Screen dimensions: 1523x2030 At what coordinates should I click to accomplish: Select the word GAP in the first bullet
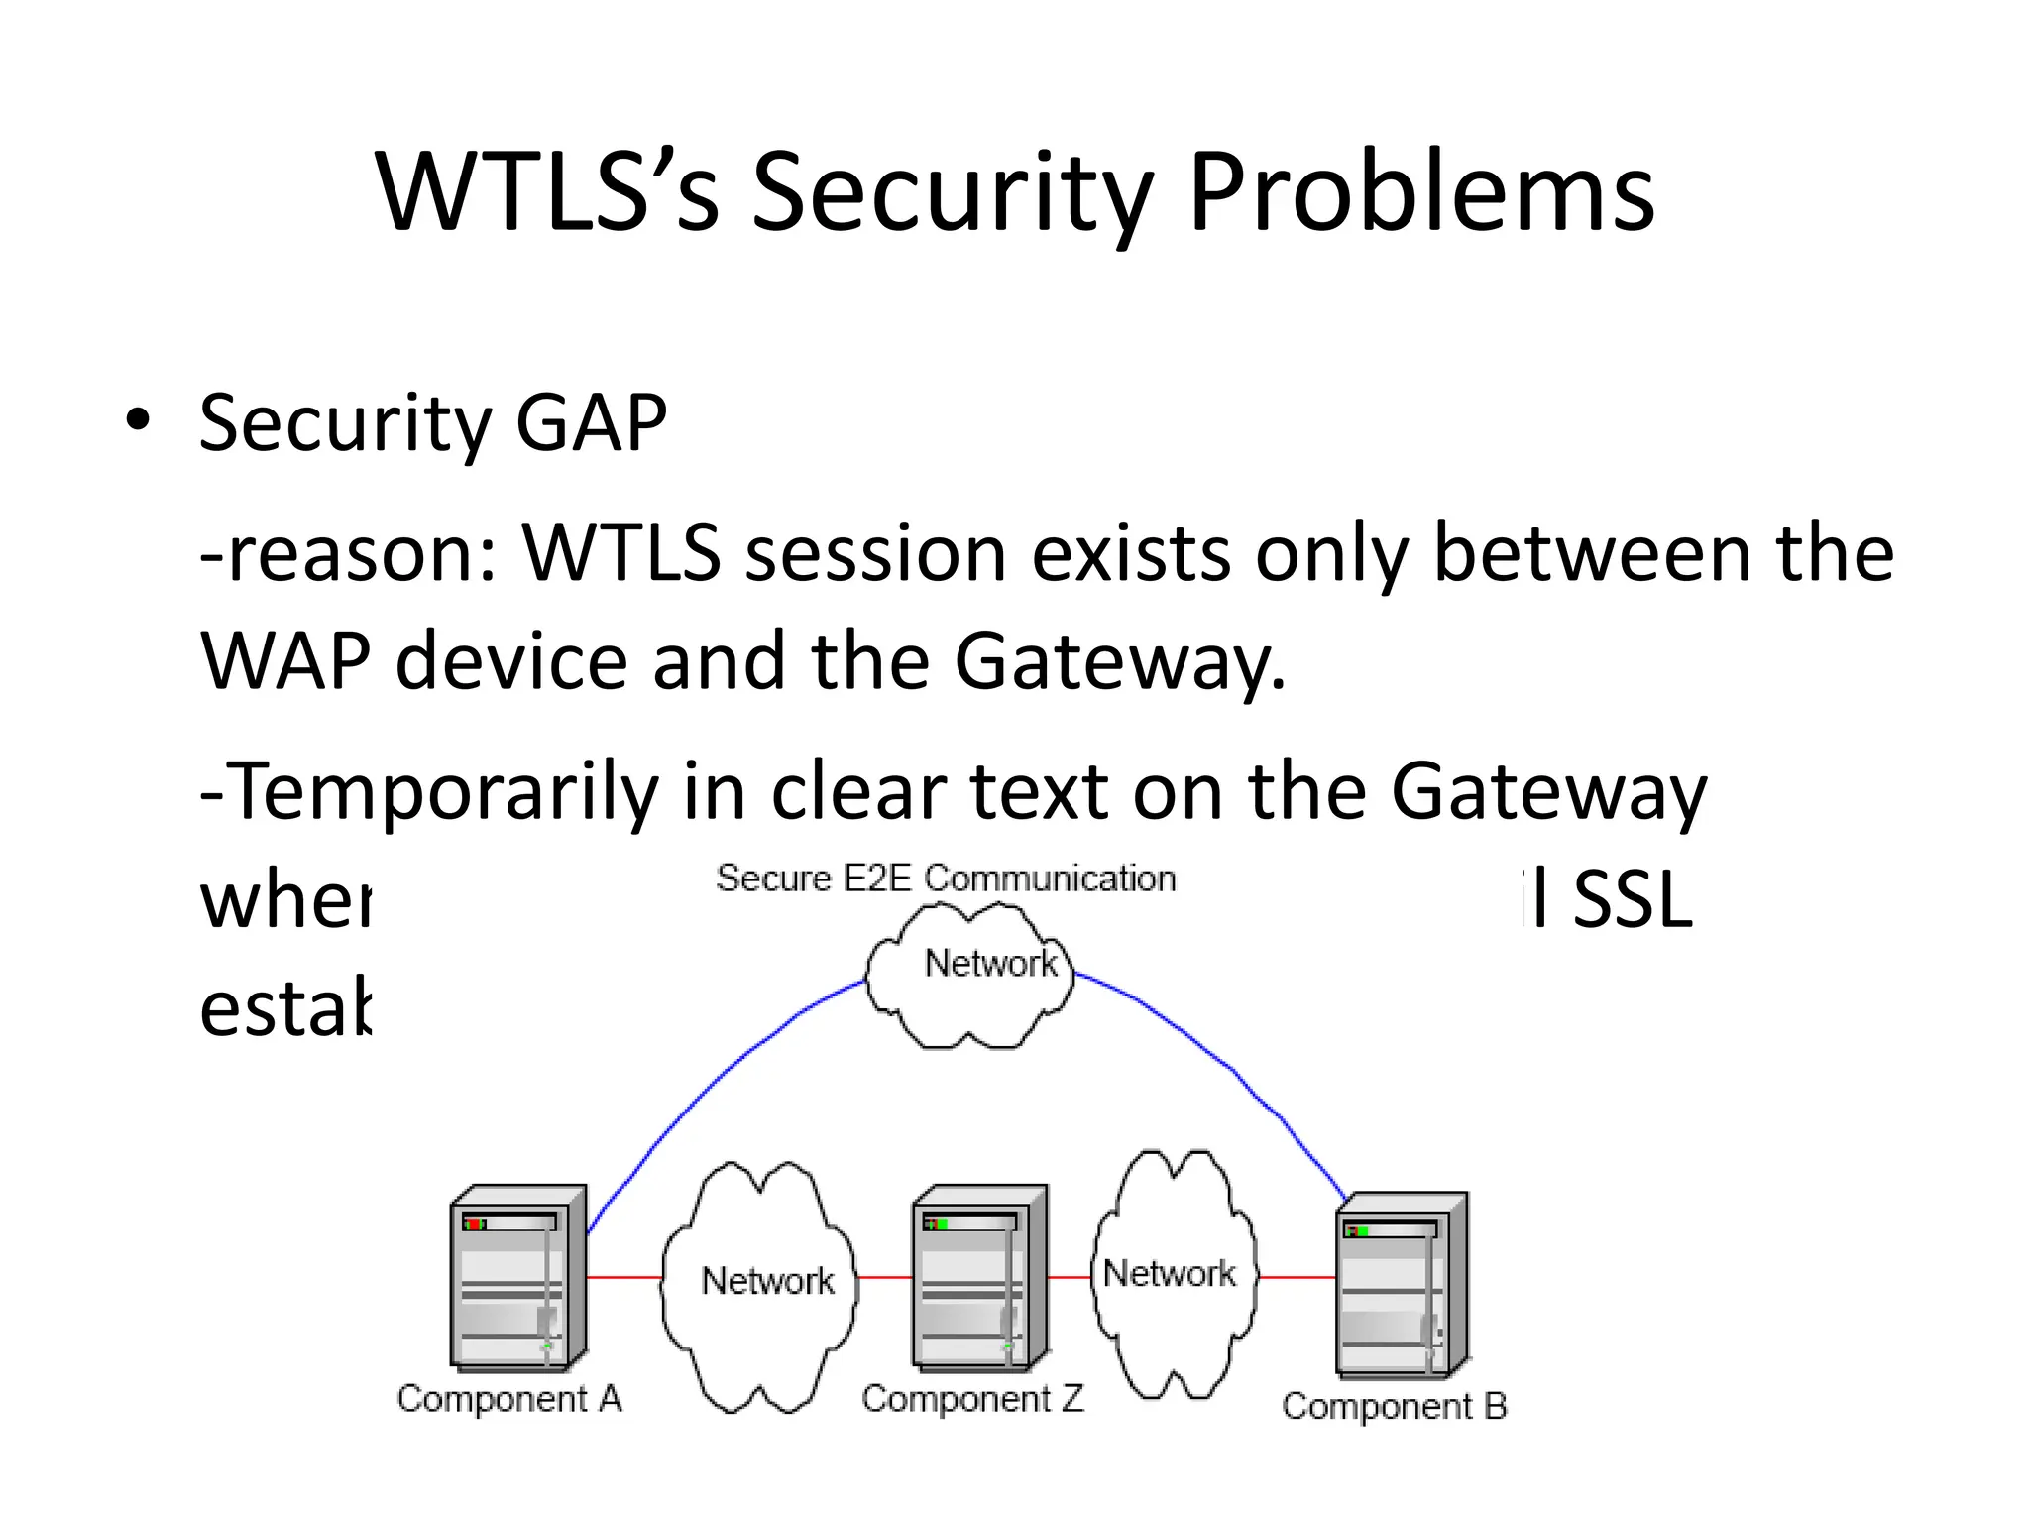591,423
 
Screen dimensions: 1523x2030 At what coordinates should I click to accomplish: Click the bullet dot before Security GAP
138,420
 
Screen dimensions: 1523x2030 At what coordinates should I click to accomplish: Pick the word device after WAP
511,661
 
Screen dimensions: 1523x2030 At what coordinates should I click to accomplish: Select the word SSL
1632,900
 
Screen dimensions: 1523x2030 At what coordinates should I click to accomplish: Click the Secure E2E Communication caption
946,879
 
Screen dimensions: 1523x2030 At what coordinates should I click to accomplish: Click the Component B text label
1394,1406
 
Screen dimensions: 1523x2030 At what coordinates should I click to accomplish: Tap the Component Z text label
972,1399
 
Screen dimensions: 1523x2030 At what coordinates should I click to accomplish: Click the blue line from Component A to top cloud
714,1081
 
